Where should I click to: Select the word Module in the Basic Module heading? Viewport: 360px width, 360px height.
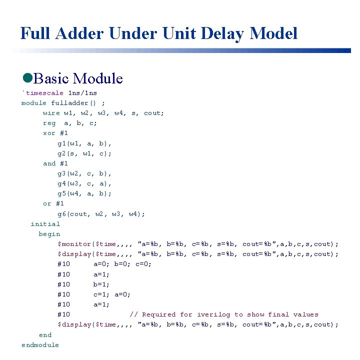(x=97, y=78)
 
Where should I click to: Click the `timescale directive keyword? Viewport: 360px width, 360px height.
(x=43, y=93)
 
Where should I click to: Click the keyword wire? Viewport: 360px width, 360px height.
(x=51, y=113)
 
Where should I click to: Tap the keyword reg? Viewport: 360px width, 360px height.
(x=49, y=123)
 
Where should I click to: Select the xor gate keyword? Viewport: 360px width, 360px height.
(x=49, y=133)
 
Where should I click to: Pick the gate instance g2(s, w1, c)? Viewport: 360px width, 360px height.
(x=84, y=153)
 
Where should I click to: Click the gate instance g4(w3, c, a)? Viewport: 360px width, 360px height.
(x=84, y=183)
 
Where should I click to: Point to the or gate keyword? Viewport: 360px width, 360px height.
(x=47, y=203)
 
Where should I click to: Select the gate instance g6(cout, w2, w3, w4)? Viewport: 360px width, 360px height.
(x=101, y=214)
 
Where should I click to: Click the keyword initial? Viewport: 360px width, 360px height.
(x=45, y=224)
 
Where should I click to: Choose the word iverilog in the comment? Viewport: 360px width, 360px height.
(x=213, y=314)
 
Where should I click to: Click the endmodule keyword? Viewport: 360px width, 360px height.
(x=40, y=345)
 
